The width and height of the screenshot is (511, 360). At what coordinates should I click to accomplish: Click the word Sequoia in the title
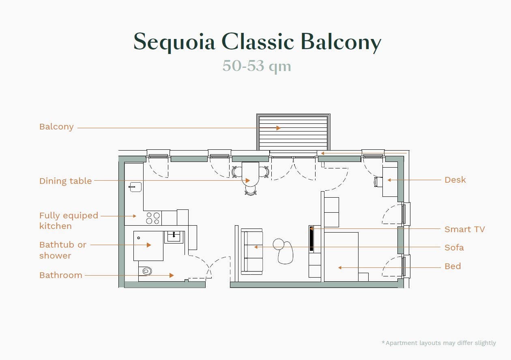click(174, 42)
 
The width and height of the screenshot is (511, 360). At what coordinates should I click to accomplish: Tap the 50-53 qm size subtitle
click(257, 66)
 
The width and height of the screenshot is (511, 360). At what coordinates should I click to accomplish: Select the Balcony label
click(56, 127)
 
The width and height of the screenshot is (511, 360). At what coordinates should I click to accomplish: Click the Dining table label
click(65, 181)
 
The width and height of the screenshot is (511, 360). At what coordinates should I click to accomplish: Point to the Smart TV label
click(465, 229)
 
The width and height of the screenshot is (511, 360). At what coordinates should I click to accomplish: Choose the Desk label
click(455, 180)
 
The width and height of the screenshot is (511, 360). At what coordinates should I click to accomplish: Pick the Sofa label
click(454, 248)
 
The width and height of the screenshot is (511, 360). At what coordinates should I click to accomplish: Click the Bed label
click(453, 266)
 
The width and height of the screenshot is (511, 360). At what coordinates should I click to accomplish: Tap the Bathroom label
click(61, 275)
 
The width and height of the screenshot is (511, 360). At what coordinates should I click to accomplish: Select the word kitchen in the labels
click(56, 226)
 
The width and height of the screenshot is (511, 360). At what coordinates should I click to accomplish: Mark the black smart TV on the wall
click(311, 239)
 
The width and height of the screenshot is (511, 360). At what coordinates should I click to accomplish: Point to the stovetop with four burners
click(153, 218)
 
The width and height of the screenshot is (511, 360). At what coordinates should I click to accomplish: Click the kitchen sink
click(135, 187)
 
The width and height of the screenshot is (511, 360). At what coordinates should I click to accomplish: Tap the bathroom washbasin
click(174, 237)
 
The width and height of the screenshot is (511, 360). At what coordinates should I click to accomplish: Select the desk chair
click(378, 182)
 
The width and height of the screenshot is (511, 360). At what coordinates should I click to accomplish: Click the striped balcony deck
click(293, 132)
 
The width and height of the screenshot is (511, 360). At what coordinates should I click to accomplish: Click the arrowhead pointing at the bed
click(340, 267)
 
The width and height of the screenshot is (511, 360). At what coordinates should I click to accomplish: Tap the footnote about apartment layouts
click(439, 343)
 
